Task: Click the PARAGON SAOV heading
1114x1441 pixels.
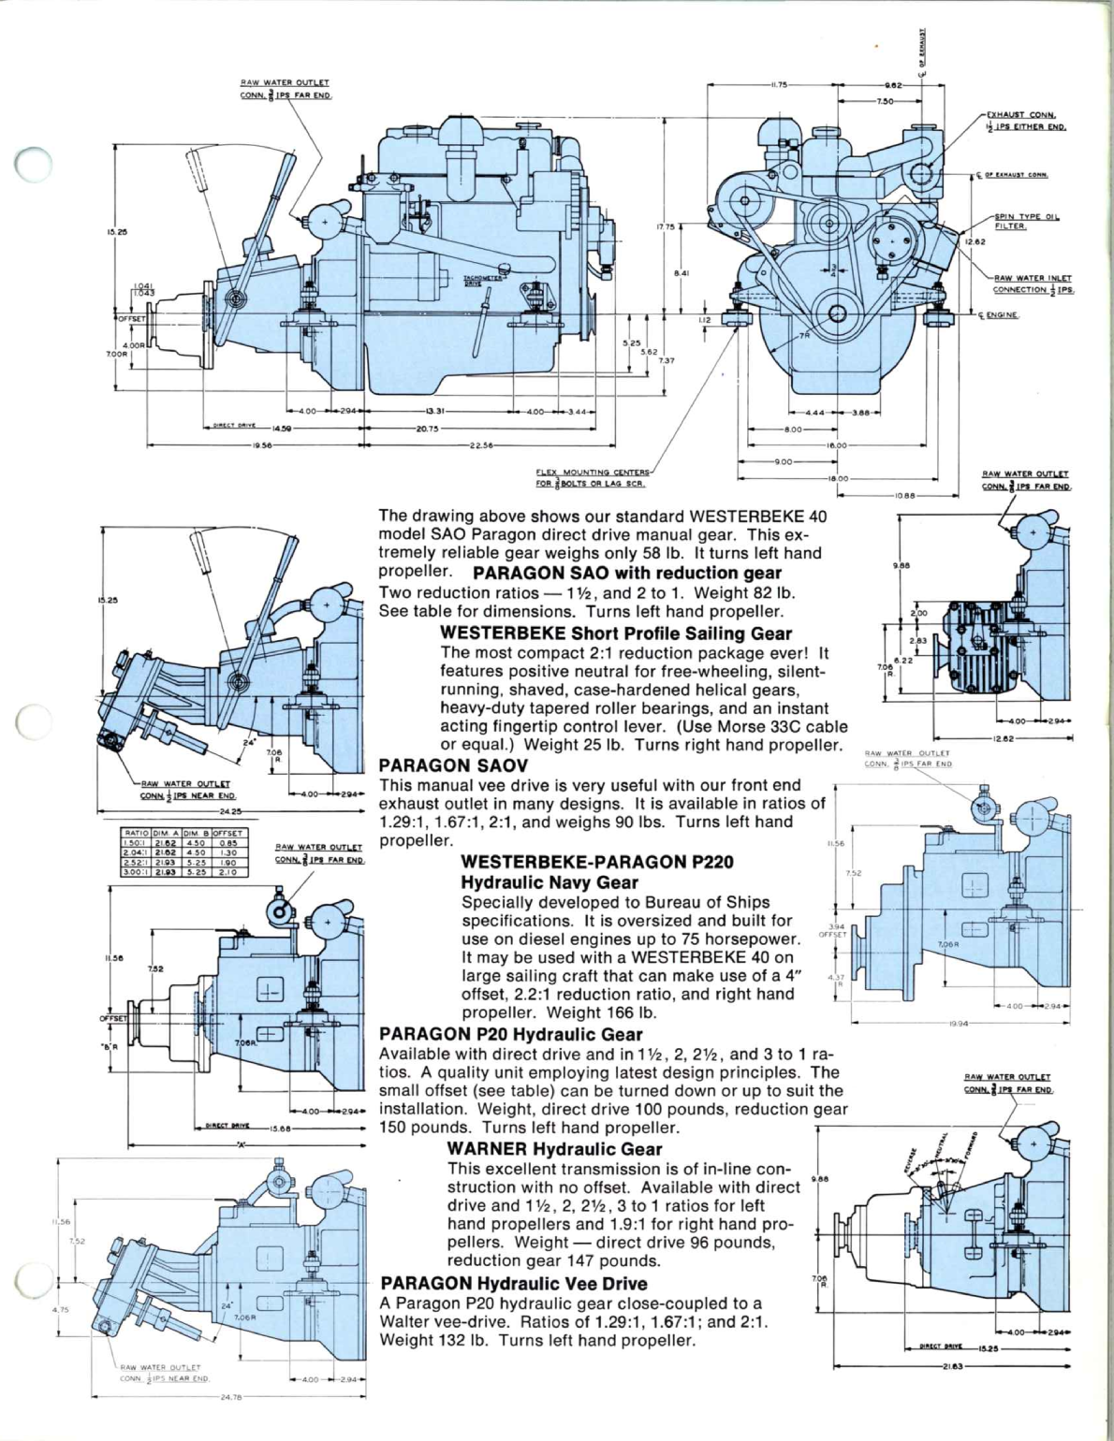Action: [x=440, y=765]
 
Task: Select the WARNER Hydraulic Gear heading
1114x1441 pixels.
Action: [x=555, y=1148]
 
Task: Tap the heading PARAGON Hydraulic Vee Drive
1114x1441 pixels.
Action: [x=514, y=1284]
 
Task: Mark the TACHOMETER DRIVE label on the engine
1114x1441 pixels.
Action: [x=483, y=280]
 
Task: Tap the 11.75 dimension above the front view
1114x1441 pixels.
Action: [x=776, y=85]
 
